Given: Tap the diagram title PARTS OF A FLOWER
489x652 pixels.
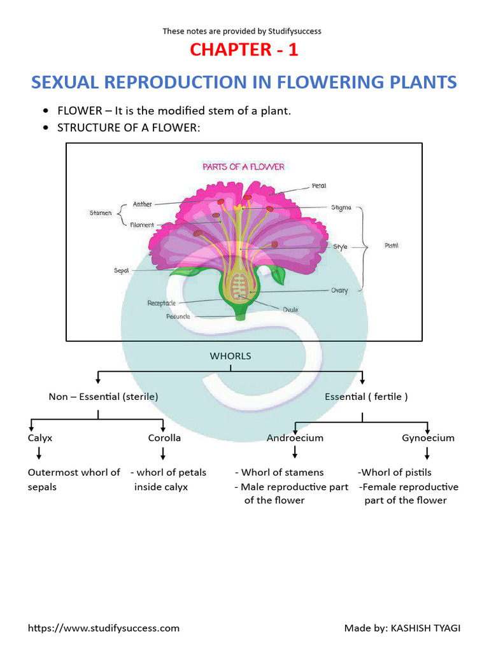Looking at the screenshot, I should (243, 167).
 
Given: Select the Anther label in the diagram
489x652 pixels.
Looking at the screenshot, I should (142, 204).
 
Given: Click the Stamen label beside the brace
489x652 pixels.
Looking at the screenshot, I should (101, 213).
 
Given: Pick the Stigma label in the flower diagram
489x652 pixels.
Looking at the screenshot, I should (341, 208).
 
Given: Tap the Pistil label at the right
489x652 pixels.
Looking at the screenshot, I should (392, 245).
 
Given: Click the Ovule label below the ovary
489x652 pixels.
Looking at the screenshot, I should (291, 310).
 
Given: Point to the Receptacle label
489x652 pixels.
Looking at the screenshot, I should (162, 303).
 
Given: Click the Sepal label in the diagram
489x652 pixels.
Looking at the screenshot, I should (122, 271).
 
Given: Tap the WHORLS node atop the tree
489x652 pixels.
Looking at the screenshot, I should (230, 356).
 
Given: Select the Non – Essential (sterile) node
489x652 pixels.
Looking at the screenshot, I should (104, 397).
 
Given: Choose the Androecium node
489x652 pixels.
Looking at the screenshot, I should (295, 438).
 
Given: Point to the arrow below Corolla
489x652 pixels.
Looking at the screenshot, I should (164, 453).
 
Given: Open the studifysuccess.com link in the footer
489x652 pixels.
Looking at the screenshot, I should (104, 628).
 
